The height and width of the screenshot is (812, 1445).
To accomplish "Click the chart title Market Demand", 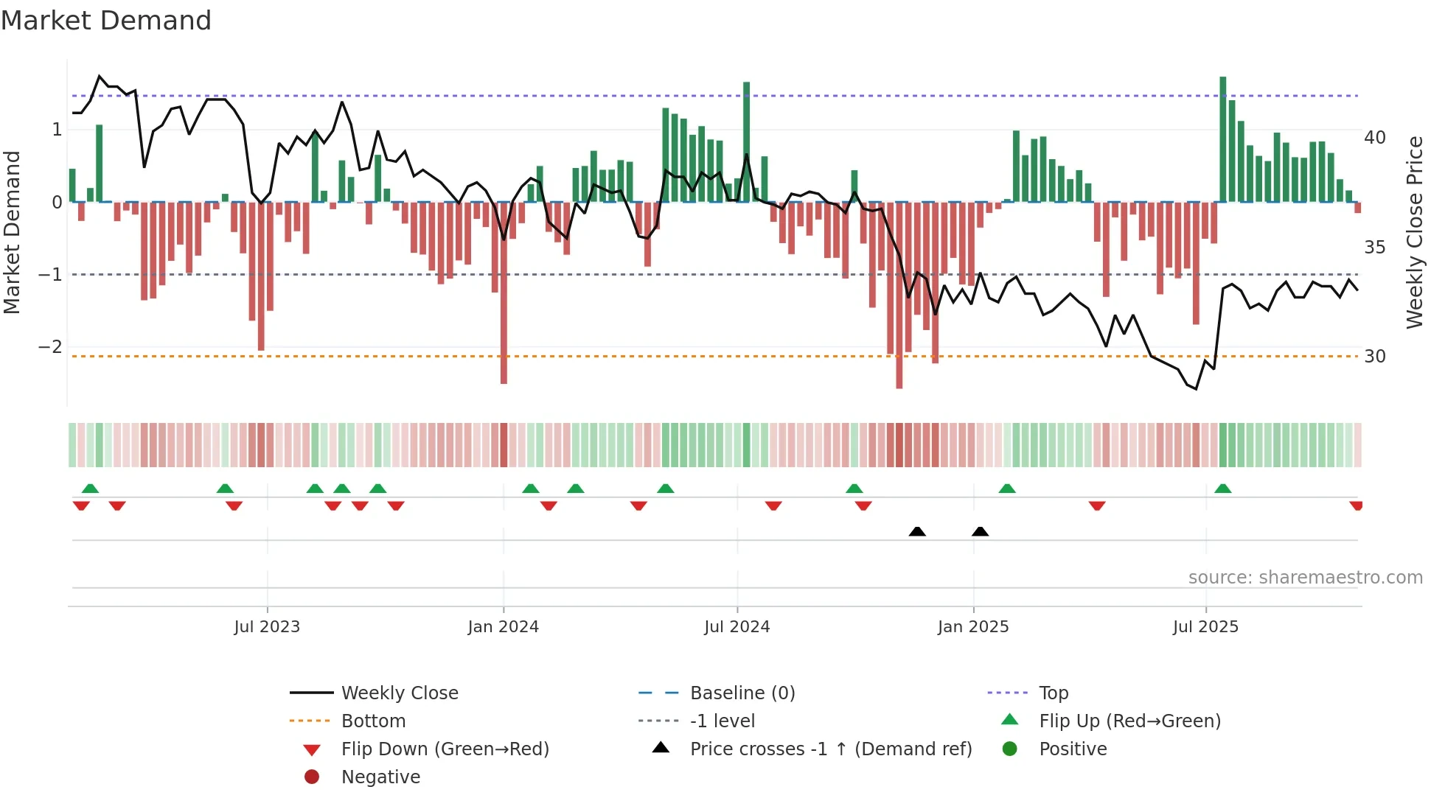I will coord(106,20).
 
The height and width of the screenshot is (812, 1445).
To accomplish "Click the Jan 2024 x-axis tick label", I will coord(504,627).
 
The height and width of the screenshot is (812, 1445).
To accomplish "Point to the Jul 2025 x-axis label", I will coord(1205,627).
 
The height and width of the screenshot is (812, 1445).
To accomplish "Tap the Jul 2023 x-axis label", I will coord(267,627).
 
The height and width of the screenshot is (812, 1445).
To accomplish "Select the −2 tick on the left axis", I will coord(50,346).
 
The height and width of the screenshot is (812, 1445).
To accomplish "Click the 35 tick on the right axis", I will coord(1374,247).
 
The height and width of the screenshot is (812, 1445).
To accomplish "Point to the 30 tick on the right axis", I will coord(1374,357).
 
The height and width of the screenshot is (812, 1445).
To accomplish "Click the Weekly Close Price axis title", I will coord(1414,232).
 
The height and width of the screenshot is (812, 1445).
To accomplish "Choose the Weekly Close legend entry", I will coord(399,693).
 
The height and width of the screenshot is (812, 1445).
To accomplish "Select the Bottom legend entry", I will coord(373,721).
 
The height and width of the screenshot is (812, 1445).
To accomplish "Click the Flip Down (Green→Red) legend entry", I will coord(445,749).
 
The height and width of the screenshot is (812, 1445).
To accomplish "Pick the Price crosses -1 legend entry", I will coord(830,749).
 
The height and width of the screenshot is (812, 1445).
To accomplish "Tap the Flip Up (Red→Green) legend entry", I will coord(1129,721).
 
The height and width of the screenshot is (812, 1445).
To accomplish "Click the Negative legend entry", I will coord(380,777).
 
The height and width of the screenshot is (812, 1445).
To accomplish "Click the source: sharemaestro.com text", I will coord(1305,577).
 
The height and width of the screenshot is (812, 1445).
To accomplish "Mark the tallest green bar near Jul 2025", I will coord(1223,140).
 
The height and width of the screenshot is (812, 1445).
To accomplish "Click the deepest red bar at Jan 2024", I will coord(504,295).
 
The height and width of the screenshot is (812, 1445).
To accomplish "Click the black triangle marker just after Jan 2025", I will coord(980,531).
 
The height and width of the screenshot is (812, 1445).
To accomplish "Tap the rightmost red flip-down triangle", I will coord(1356,505).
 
